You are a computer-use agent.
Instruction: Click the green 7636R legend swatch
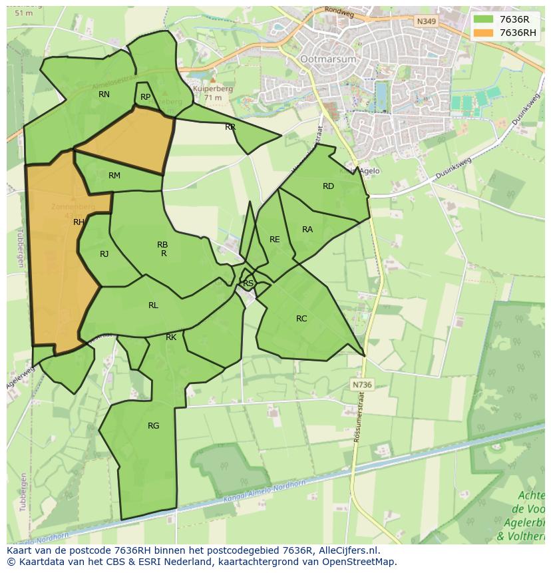click(483, 19)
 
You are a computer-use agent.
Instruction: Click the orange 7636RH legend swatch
click(483, 33)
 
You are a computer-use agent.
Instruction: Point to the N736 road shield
click(362, 385)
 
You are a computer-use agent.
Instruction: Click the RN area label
click(104, 95)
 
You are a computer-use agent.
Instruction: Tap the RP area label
click(145, 97)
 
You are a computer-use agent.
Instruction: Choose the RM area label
click(114, 176)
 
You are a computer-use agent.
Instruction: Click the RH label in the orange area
click(79, 222)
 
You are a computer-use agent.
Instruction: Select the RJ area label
click(104, 254)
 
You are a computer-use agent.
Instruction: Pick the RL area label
click(153, 305)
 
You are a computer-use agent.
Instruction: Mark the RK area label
click(171, 337)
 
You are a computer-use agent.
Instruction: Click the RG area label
click(153, 426)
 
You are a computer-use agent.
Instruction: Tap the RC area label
click(301, 319)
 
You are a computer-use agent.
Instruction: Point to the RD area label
click(328, 186)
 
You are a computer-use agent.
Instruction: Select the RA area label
click(307, 230)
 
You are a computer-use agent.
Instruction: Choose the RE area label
click(274, 240)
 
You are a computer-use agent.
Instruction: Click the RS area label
click(248, 284)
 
